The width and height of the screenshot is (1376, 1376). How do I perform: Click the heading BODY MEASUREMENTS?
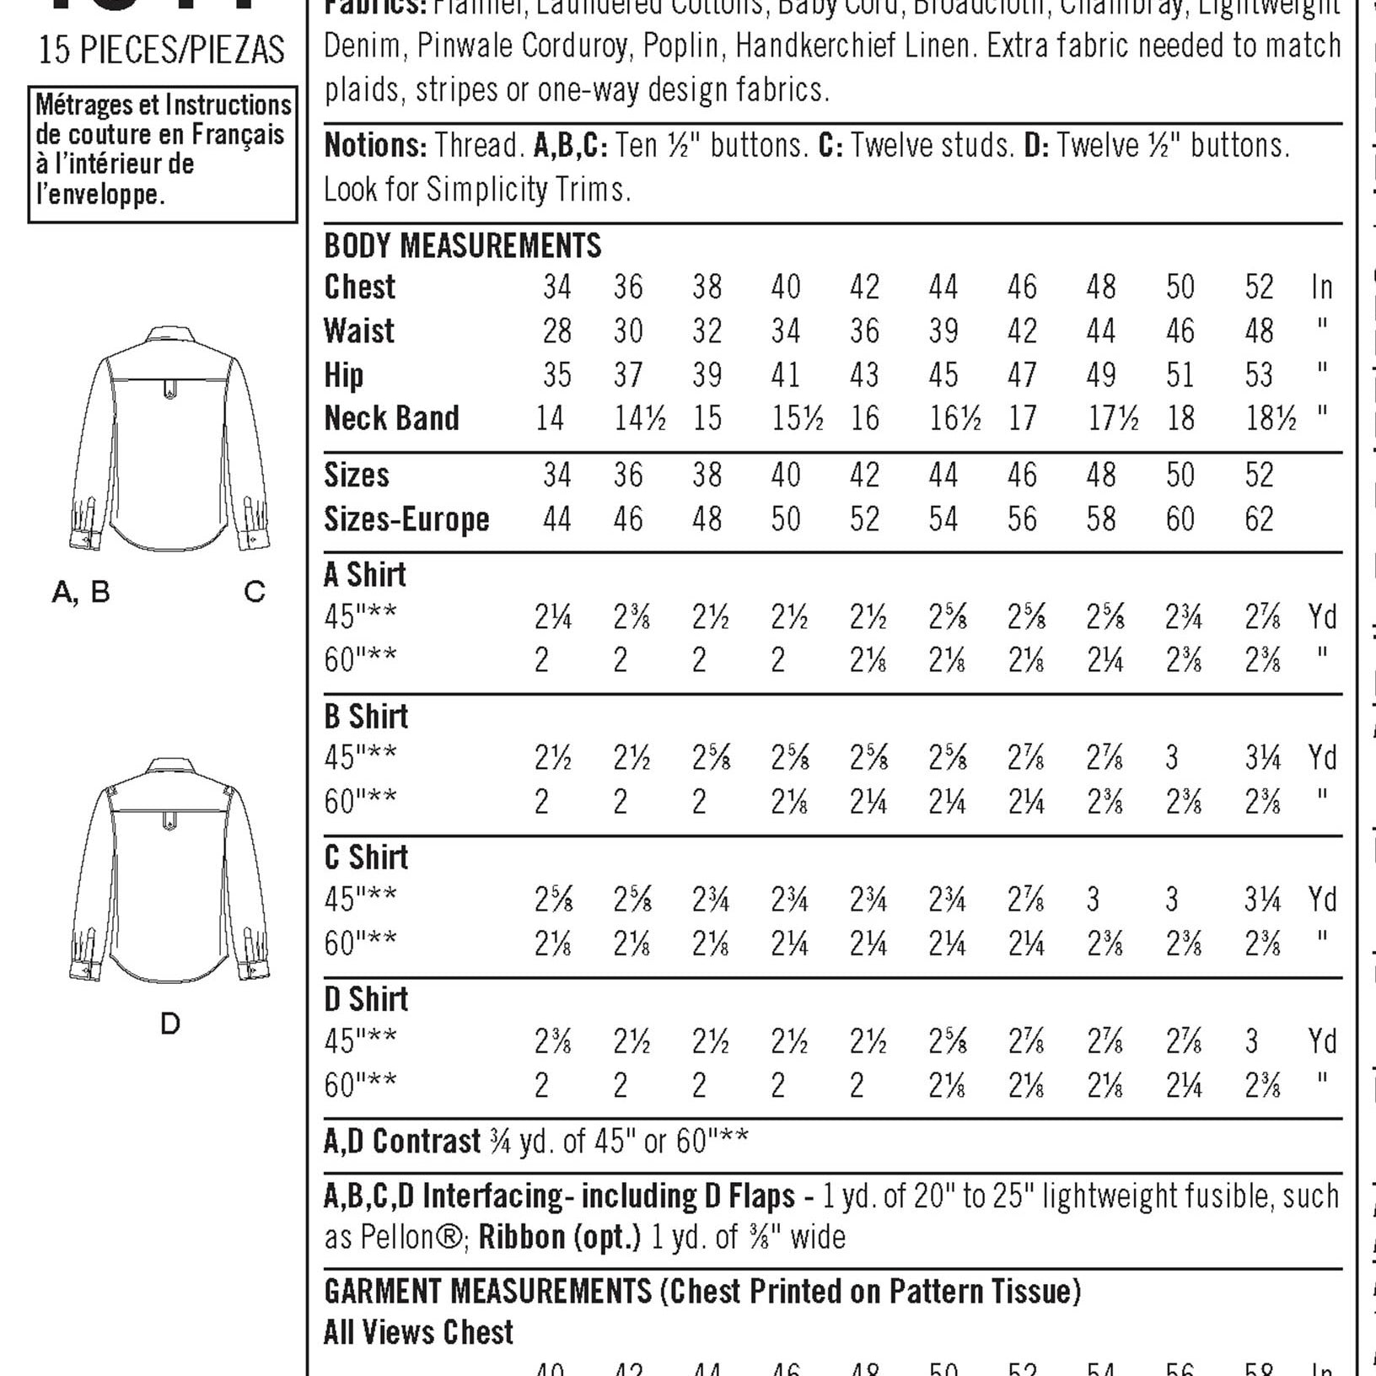(x=462, y=245)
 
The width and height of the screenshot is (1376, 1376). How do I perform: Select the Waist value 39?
(x=943, y=331)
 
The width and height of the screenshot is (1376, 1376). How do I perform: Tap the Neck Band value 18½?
(x=1271, y=418)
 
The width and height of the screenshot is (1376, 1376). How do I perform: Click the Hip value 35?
(x=556, y=375)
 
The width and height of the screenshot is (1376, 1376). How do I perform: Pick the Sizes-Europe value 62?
(x=1259, y=519)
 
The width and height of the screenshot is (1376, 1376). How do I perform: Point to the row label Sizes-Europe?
(x=406, y=519)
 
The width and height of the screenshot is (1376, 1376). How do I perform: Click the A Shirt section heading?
(x=364, y=575)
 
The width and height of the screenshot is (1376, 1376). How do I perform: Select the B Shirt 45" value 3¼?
(x=1262, y=759)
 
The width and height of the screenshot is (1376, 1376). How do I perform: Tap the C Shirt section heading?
(x=366, y=857)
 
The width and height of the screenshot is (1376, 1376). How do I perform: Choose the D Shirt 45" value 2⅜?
(x=552, y=1042)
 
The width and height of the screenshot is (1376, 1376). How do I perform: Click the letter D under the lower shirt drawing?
(x=169, y=1024)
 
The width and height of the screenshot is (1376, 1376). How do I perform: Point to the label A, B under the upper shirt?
(x=81, y=592)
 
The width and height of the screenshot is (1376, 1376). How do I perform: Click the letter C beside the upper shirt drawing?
(x=254, y=592)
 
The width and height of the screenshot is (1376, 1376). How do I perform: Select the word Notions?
(x=374, y=146)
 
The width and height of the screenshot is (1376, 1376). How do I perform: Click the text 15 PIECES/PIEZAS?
(x=162, y=51)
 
